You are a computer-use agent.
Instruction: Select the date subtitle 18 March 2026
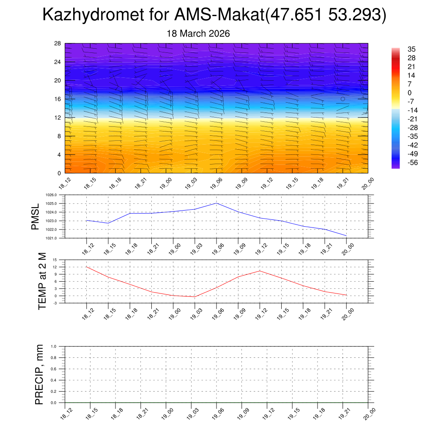click(198, 34)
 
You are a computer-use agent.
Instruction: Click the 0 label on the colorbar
click(409, 93)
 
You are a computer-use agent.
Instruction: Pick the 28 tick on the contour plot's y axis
click(58, 43)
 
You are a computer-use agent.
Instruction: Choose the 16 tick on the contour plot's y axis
click(58, 99)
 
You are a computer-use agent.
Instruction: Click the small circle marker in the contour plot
click(343, 99)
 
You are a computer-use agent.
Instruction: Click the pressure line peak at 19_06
click(216, 203)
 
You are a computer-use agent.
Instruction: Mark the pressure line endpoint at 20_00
click(346, 236)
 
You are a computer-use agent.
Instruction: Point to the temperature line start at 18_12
click(86, 267)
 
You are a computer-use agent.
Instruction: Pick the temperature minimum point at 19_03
click(195, 297)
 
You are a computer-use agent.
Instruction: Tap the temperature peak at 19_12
click(260, 271)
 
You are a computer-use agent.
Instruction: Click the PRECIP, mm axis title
click(39, 374)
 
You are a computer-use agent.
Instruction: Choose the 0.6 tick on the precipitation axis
click(54, 369)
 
